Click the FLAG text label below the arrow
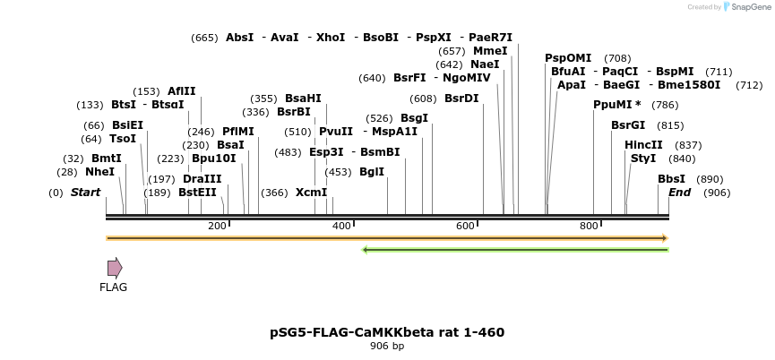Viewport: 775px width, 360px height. coord(113,287)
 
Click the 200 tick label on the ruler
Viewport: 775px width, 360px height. coord(217,226)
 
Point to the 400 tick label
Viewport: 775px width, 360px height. coord(341,226)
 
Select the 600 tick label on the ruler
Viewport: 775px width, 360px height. coord(465,226)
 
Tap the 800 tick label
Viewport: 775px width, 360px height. coord(589,226)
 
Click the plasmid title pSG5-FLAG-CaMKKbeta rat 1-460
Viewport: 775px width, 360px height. coord(387,332)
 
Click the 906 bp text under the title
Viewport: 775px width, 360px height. coord(387,347)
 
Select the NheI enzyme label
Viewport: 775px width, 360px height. coord(99,172)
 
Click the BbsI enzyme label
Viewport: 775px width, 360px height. coord(671,179)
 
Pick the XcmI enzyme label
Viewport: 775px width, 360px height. coord(311,193)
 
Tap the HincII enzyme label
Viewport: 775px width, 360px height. coord(643,145)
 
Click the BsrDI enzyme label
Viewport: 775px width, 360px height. coord(461,99)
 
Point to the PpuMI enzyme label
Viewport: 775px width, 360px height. coord(613,105)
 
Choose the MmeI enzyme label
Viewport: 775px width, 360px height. coord(490,51)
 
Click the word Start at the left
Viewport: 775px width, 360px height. coord(85,193)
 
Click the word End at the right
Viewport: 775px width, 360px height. coord(679,193)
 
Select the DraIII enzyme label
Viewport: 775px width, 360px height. coord(202,179)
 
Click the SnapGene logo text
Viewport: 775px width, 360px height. coord(747,7)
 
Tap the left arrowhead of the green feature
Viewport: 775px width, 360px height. coord(365,249)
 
